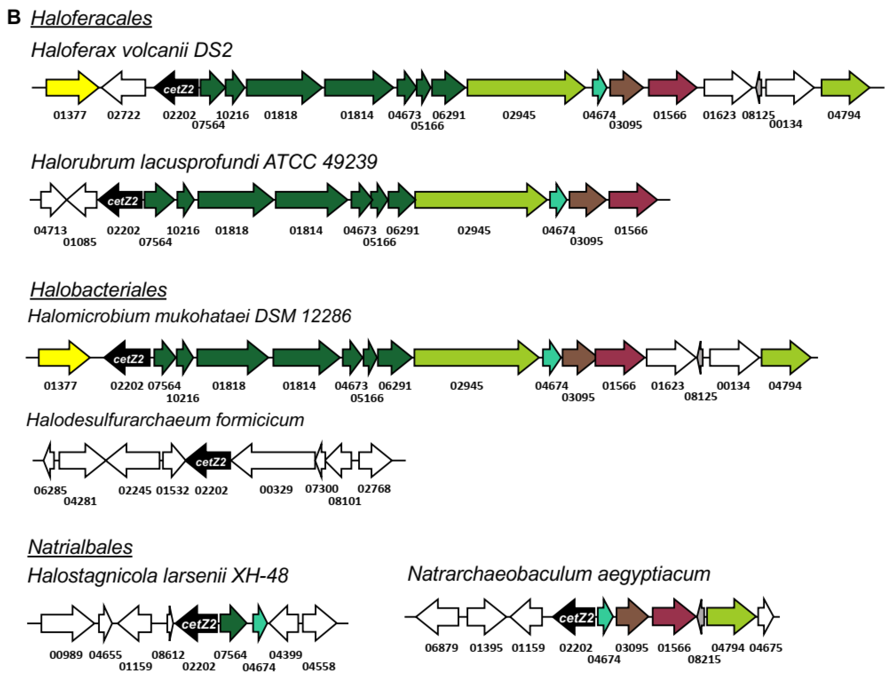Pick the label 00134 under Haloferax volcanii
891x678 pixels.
point(785,124)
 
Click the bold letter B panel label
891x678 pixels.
point(14,17)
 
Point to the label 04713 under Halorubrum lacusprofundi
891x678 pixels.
point(50,230)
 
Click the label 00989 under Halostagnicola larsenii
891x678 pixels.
point(66,655)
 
